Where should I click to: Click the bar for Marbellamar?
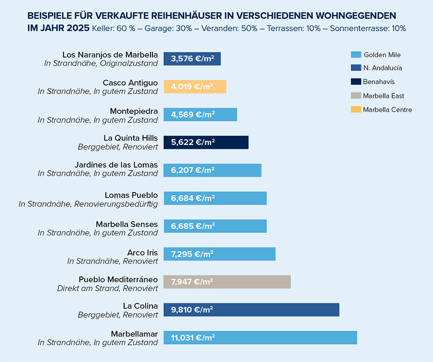[x=260, y=337]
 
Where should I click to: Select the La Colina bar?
[x=251, y=310]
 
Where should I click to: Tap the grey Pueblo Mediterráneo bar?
[x=227, y=282]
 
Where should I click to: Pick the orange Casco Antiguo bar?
[x=195, y=87]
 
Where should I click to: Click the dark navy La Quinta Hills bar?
[x=206, y=142]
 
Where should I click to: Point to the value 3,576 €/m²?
[x=192, y=59]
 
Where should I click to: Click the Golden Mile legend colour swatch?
[x=356, y=54]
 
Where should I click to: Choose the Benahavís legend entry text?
[x=379, y=82]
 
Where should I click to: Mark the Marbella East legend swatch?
[x=356, y=96]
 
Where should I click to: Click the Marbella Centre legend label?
[x=387, y=110]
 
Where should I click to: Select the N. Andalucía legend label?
[x=382, y=68]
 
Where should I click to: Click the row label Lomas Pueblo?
[x=131, y=195]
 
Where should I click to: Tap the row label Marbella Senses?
[x=127, y=224]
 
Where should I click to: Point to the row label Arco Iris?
[x=142, y=252]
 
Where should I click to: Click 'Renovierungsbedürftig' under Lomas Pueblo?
[x=115, y=204]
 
